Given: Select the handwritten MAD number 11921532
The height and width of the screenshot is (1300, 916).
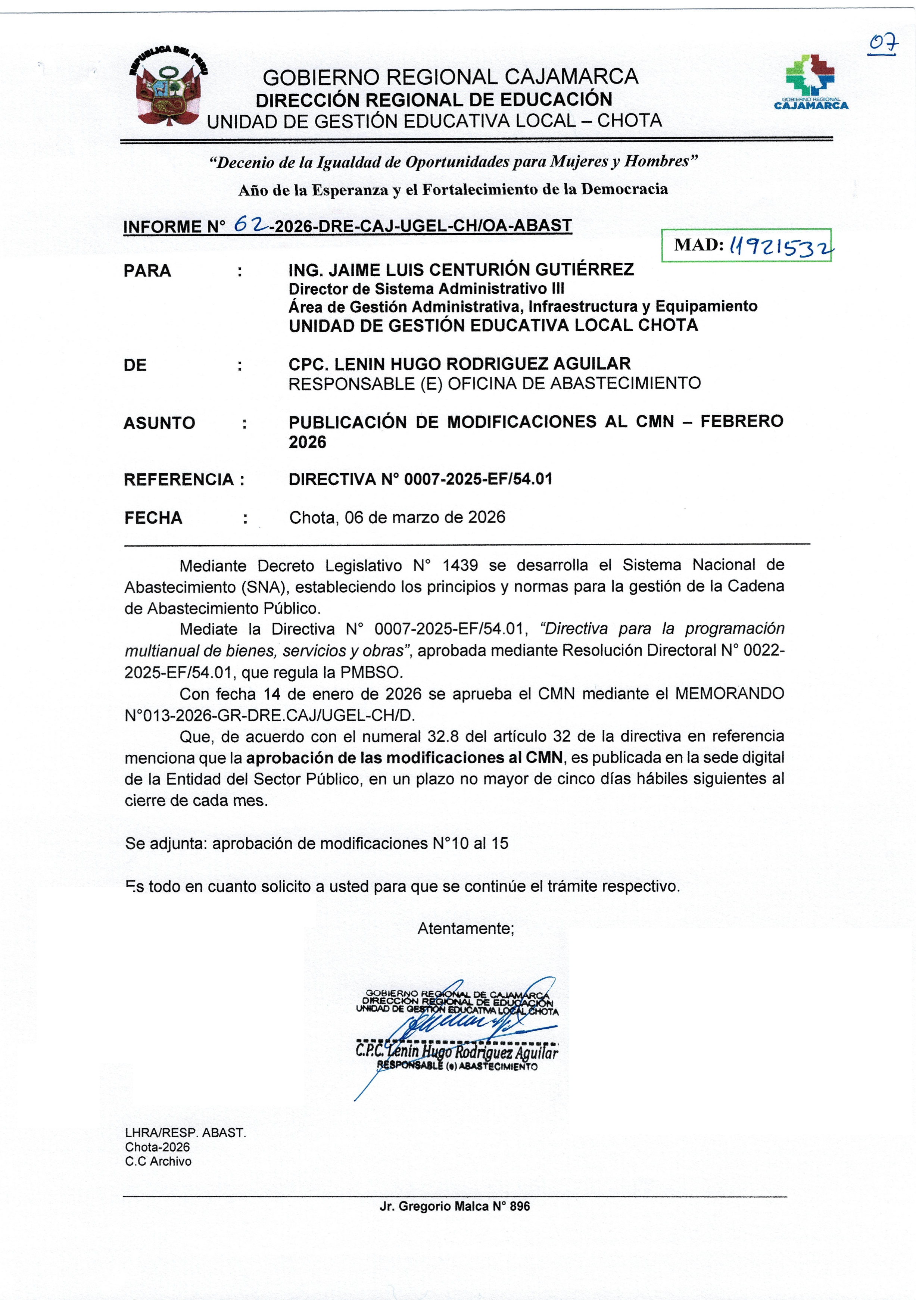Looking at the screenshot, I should (x=781, y=246).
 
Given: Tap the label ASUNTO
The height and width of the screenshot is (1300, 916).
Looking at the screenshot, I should (x=159, y=423).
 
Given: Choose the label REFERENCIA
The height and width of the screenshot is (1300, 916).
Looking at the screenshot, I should (x=179, y=480).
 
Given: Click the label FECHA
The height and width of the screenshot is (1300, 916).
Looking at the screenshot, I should (x=153, y=518).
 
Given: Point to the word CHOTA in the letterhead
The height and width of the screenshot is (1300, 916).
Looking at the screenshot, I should (x=630, y=121).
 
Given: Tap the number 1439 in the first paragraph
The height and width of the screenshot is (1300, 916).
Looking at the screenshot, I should (x=460, y=565).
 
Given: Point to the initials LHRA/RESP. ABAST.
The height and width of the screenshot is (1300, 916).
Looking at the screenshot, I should (x=185, y=1133).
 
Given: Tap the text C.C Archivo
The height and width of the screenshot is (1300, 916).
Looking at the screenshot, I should (x=158, y=1161).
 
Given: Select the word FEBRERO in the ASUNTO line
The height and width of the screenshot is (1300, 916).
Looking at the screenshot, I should (x=742, y=421).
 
